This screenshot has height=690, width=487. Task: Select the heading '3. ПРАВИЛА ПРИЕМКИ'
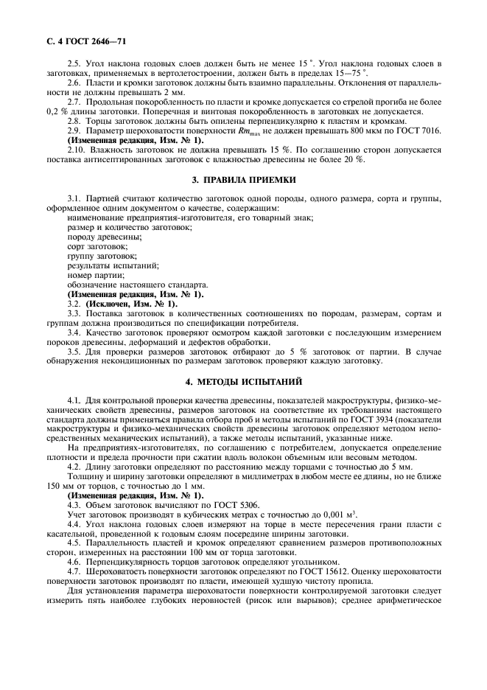243,179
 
